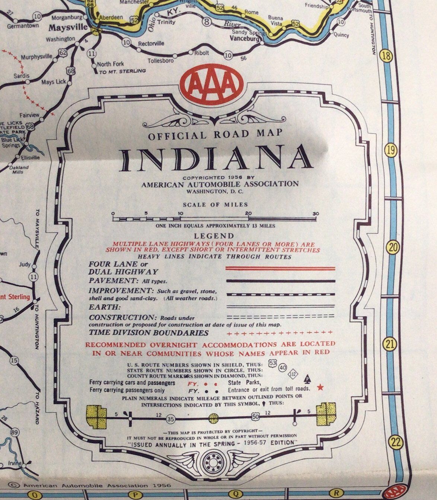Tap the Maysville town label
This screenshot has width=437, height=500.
[68, 28]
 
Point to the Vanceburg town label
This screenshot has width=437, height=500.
[244, 39]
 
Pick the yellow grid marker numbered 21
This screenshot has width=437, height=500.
[390, 344]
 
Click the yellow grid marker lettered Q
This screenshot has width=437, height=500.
[235, 494]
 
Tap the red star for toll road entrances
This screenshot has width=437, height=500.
[320, 388]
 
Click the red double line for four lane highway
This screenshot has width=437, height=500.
[280, 268]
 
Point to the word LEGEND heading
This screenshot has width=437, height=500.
[214, 236]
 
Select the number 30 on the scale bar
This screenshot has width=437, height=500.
[316, 214]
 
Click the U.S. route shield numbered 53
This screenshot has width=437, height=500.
[273, 363]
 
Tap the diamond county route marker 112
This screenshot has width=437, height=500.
[293, 373]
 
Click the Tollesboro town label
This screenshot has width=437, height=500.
[160, 61]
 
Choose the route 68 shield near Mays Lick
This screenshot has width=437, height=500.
[71, 70]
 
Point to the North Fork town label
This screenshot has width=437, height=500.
[110, 64]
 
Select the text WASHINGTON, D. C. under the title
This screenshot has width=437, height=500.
[215, 192]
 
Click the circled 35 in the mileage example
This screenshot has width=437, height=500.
[170, 419]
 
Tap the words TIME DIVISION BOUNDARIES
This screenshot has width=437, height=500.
[149, 333]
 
